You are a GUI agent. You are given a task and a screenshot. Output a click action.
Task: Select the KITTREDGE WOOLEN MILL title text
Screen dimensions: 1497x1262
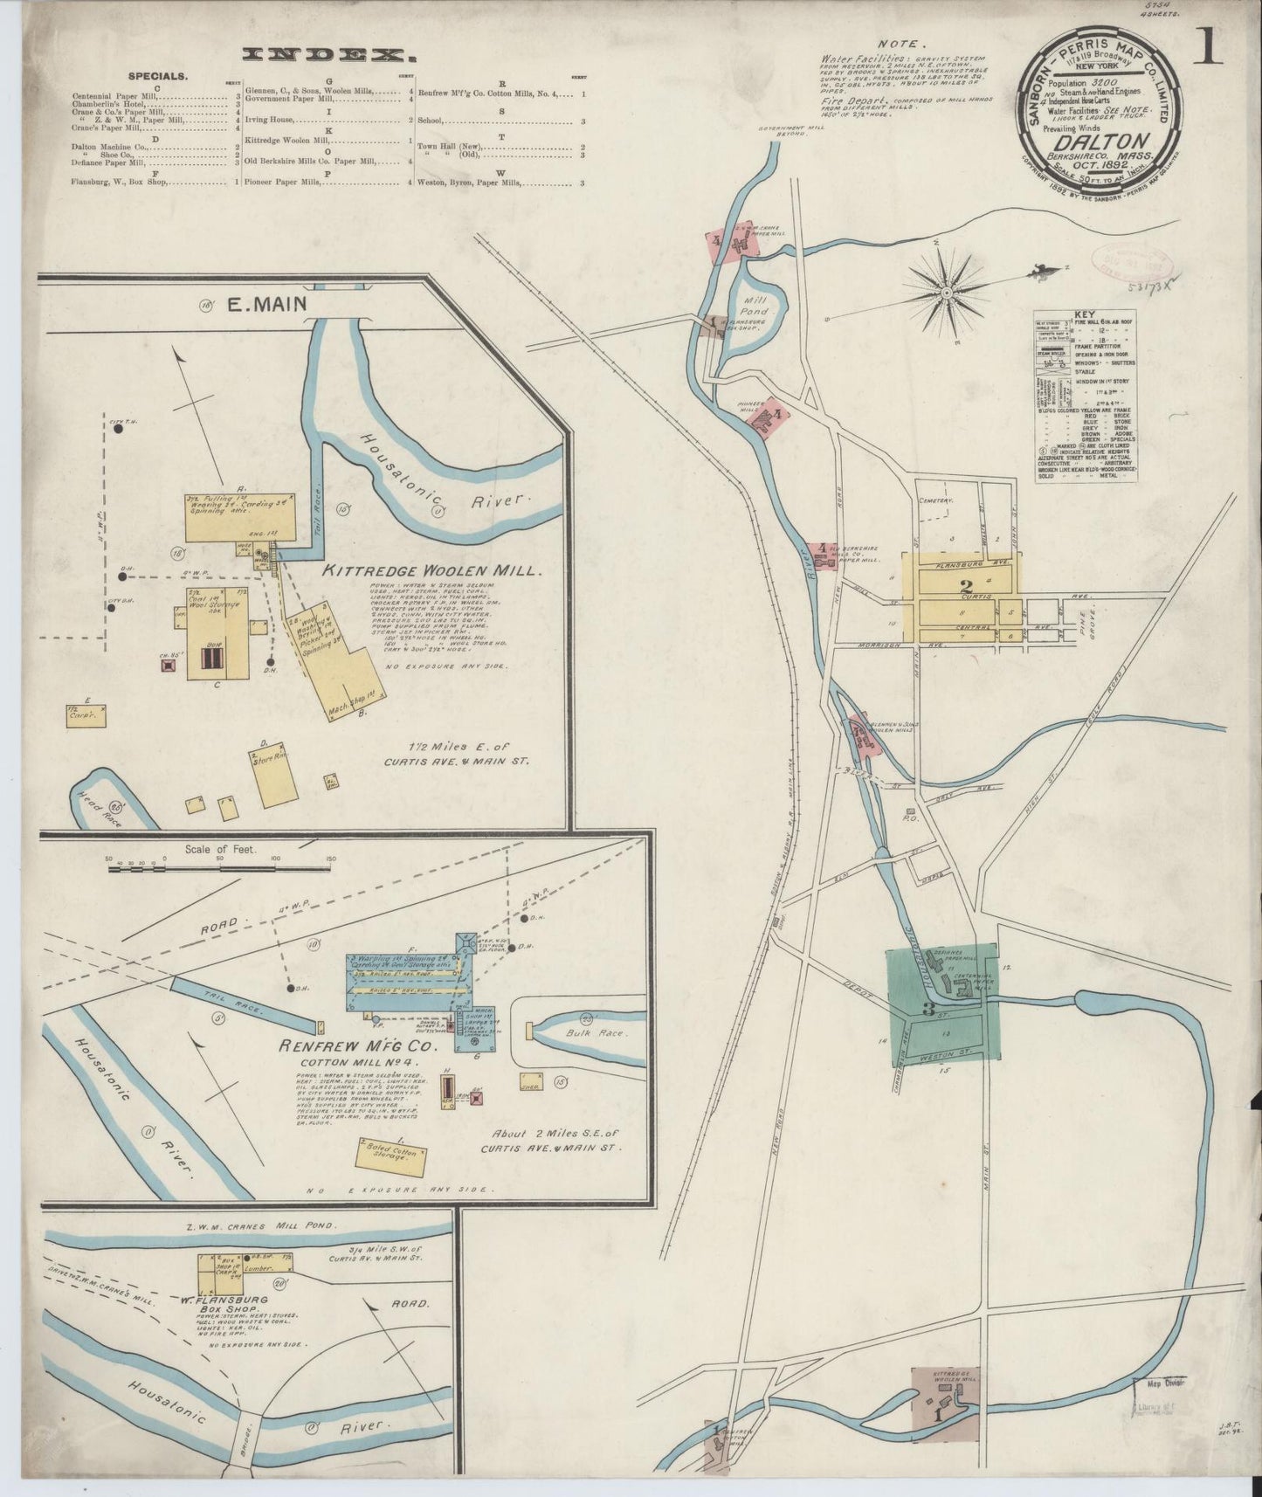click(x=433, y=570)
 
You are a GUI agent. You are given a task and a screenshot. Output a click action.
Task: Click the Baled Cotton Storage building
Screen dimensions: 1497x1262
click(x=392, y=1156)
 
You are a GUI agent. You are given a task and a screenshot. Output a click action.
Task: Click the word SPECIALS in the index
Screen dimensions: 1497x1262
click(x=157, y=76)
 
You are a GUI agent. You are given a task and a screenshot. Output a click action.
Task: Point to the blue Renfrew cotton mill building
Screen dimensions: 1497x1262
click(x=410, y=987)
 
